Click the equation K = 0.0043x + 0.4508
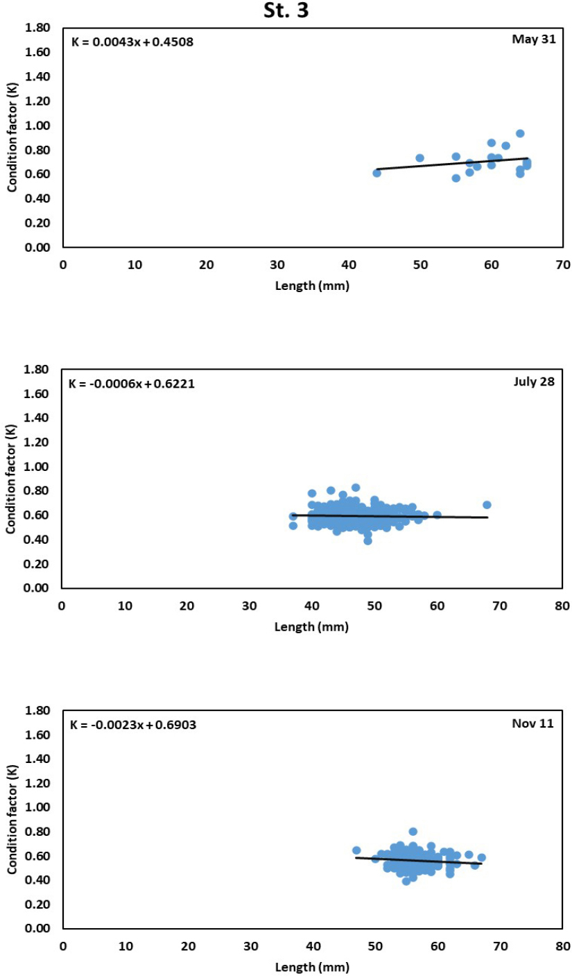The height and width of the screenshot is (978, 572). coord(132,42)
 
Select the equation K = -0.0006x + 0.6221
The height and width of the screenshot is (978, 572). coord(131,383)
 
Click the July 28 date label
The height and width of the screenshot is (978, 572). coord(533,380)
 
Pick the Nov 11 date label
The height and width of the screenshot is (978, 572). coord(535,723)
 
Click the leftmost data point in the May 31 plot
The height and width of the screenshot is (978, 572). coord(376,173)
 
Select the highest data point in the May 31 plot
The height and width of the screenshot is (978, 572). coord(520,133)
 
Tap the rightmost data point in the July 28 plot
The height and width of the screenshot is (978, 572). coord(487,505)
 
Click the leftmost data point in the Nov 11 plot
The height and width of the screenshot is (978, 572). coord(356,850)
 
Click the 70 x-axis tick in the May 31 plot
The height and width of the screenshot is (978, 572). coord(563,264)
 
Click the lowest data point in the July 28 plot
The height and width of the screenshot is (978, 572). coord(367,540)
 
